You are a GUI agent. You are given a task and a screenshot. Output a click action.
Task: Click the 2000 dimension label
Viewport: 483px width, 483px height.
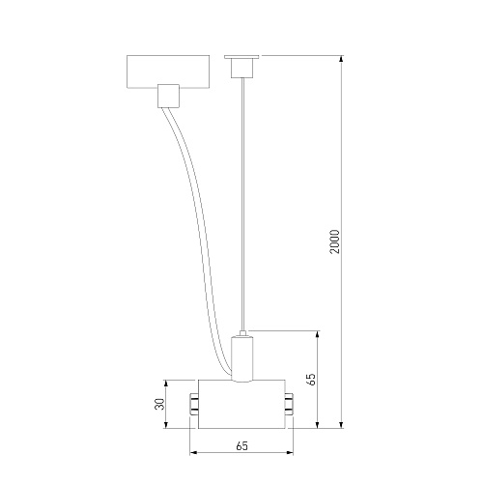coord(335,241)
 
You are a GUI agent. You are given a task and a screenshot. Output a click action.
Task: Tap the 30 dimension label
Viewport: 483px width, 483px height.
coord(159,404)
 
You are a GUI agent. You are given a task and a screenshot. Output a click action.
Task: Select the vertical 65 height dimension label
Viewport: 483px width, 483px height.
coord(311,379)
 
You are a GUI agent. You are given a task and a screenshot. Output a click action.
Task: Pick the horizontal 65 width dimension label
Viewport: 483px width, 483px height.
coord(241,446)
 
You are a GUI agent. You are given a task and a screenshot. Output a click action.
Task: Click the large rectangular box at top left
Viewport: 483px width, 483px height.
coord(168,71)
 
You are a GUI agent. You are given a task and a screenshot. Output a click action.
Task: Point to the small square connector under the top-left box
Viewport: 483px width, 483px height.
coord(168,96)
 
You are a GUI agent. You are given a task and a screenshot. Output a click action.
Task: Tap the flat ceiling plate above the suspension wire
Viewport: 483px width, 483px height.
coord(241,57)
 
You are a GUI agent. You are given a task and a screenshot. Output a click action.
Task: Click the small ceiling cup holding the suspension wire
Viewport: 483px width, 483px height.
coord(241,69)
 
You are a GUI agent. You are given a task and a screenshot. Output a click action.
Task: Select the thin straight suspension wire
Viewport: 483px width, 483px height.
coord(242,204)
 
